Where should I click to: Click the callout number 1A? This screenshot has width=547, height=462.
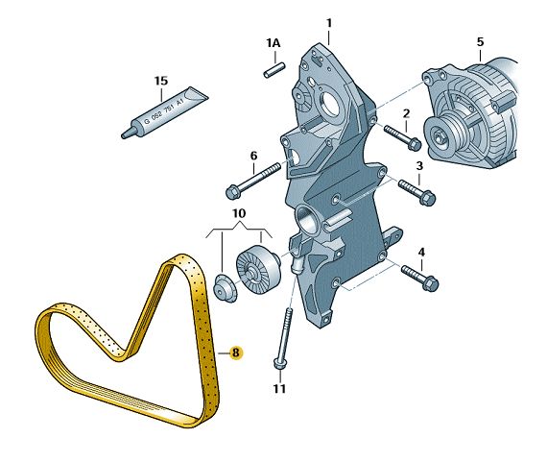273,43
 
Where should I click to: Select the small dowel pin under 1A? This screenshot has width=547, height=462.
274,70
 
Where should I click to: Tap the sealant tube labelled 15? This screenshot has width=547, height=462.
165,112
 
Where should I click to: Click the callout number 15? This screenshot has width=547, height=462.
161,81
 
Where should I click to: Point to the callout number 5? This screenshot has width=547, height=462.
481,42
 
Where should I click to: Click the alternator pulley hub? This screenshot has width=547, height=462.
439,134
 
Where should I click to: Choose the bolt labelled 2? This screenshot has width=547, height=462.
403,137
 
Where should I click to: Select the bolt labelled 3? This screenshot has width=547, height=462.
416,192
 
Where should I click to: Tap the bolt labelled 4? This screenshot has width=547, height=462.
420,278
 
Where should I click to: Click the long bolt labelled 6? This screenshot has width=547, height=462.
253,182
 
